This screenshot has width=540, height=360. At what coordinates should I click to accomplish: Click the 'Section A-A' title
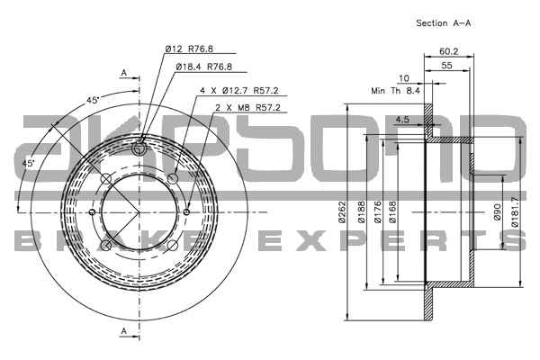pyautogui.click(x=444, y=22)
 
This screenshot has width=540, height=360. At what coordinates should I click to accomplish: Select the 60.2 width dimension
pyautogui.click(x=451, y=51)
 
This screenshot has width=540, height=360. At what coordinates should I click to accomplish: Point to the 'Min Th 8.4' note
pyautogui.click(x=396, y=91)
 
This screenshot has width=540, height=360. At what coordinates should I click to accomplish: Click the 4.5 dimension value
pyautogui.click(x=402, y=120)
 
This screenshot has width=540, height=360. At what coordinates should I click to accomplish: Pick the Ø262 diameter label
pyautogui.click(x=341, y=213)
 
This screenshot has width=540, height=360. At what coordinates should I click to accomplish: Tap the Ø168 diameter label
pyautogui.click(x=398, y=213)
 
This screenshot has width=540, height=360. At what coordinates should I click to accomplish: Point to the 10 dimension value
pyautogui.click(x=404, y=78)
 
